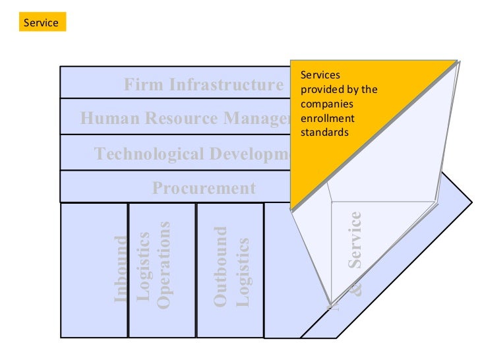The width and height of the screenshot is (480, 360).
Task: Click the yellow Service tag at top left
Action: click(x=41, y=23)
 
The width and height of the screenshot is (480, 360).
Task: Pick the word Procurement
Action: click(x=204, y=189)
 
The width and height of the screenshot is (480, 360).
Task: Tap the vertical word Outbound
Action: click(x=221, y=266)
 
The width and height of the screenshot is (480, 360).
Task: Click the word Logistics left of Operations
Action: click(x=143, y=266)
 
